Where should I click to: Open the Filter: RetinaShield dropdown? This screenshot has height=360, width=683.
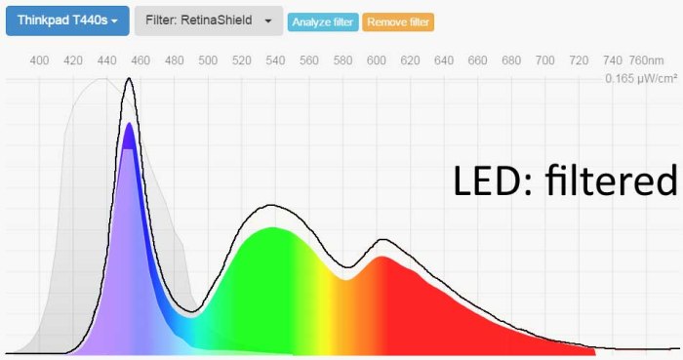(208, 20)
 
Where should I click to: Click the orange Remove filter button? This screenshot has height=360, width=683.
(397, 21)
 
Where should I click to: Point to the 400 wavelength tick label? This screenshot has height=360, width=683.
(39, 61)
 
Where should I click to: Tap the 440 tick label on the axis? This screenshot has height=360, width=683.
(106, 61)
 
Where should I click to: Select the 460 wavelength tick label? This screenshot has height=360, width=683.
(141, 61)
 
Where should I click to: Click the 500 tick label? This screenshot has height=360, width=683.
(208, 61)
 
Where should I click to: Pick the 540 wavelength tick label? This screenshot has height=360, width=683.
(275, 61)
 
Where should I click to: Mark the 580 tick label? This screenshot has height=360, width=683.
(342, 61)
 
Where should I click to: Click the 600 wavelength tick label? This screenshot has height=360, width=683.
(377, 61)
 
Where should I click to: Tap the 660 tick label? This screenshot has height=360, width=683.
(478, 61)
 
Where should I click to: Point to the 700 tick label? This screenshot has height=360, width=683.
(545, 61)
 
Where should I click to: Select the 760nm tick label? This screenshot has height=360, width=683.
(647, 61)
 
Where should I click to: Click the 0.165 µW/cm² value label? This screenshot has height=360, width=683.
(641, 78)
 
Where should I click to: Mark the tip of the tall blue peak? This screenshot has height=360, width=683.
(129, 124)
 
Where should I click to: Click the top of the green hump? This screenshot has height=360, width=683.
(273, 228)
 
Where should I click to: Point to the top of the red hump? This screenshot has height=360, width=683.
(382, 257)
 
